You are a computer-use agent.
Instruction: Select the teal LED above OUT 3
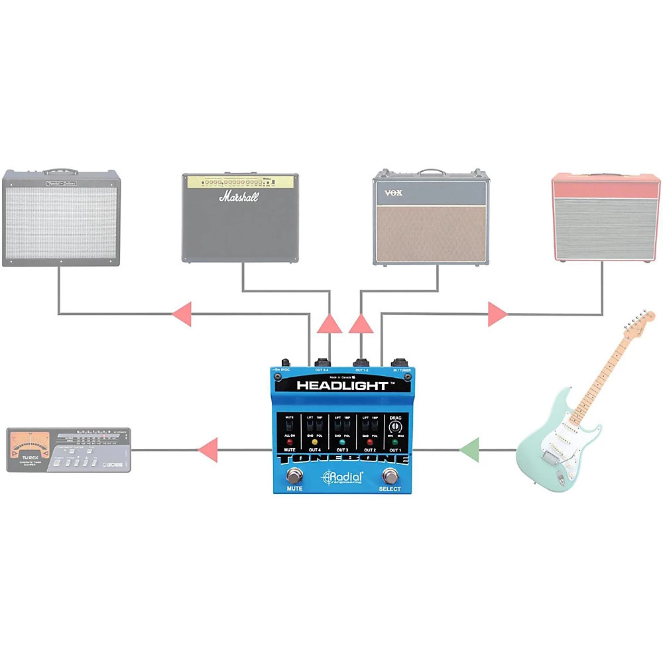point(341,441)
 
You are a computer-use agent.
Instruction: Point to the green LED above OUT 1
point(395,441)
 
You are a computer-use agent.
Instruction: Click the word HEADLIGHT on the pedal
point(341,385)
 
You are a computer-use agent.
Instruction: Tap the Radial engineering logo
point(342,477)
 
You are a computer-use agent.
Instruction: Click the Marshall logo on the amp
point(239,197)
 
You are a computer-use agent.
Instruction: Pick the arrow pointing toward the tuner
point(208,450)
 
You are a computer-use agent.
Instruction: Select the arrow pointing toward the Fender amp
point(182,313)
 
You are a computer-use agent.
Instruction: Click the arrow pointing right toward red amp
point(497,313)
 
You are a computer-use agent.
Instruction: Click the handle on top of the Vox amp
point(432,172)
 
